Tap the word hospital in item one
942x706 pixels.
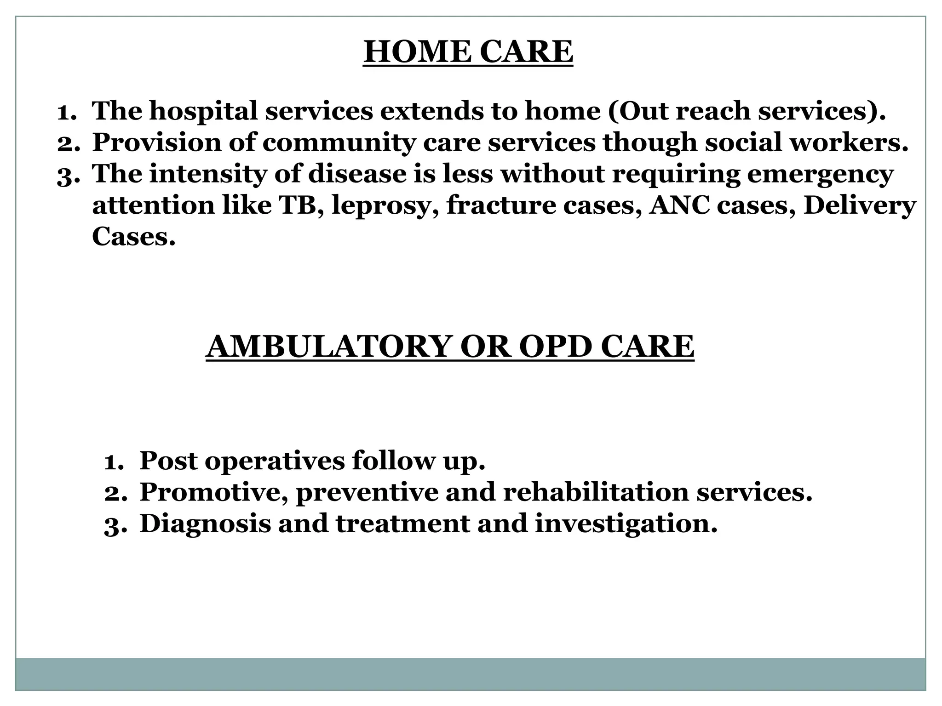203,111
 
